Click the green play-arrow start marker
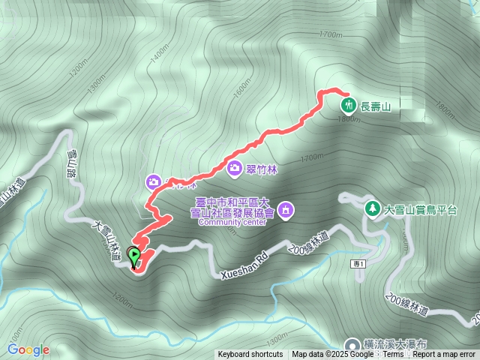click(x=134, y=256)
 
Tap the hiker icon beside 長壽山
click(x=347, y=105)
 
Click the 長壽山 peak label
click(x=376, y=106)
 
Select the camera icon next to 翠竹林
click(x=235, y=169)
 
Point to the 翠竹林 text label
click(x=262, y=169)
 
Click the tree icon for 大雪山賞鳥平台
click(x=370, y=208)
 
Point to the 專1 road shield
click(x=356, y=264)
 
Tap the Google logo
click(x=28, y=349)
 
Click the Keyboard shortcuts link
click(x=250, y=355)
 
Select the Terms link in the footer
click(x=392, y=355)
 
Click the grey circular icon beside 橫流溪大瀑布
click(x=352, y=343)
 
